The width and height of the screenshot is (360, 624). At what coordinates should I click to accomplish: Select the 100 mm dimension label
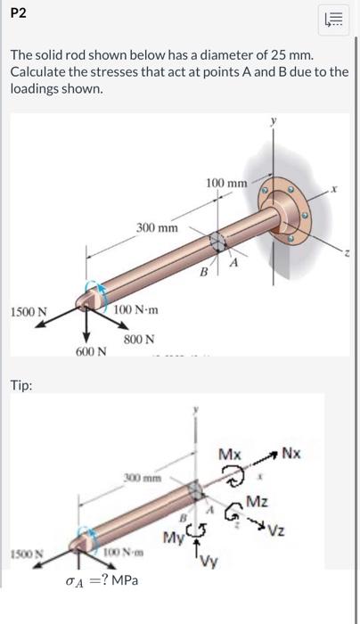click(x=225, y=183)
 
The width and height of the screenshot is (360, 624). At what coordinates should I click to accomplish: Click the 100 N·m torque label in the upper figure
click(x=136, y=308)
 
